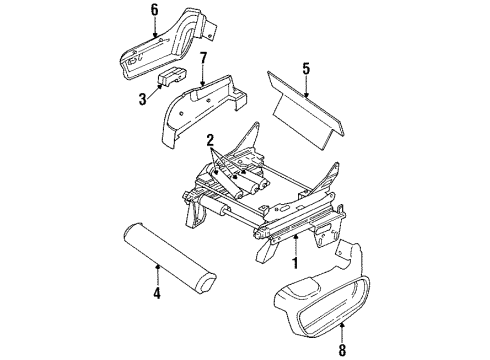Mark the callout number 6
pyautogui.click(x=154, y=11)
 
